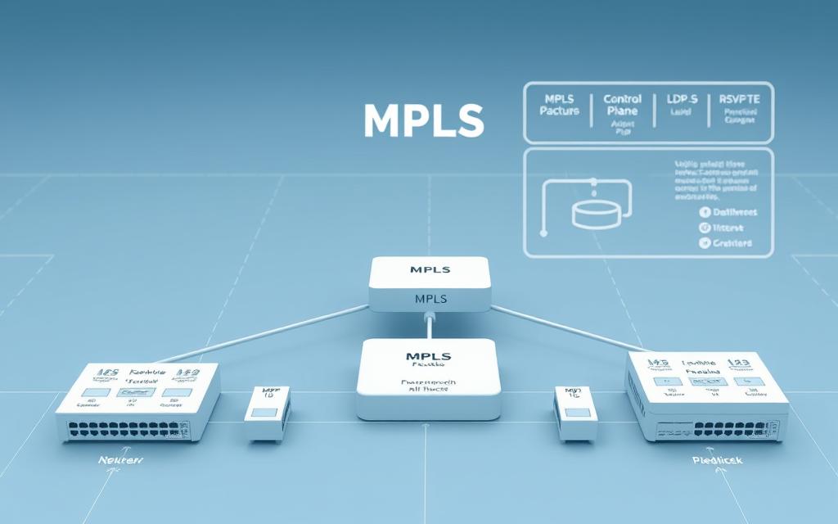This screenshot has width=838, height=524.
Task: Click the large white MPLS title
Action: tap(423, 120)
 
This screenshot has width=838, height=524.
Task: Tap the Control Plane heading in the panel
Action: tap(622, 105)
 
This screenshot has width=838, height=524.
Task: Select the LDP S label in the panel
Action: tap(682, 99)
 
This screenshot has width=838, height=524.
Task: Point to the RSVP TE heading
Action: tap(740, 99)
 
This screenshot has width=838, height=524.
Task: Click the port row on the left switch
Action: tap(127, 427)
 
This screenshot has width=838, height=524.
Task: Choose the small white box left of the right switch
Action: tap(574, 414)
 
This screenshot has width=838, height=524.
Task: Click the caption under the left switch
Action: tap(120, 461)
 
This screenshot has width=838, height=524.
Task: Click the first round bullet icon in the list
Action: tap(704, 212)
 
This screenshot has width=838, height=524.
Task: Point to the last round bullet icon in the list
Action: tap(704, 243)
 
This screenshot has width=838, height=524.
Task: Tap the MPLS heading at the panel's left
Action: tap(559, 105)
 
